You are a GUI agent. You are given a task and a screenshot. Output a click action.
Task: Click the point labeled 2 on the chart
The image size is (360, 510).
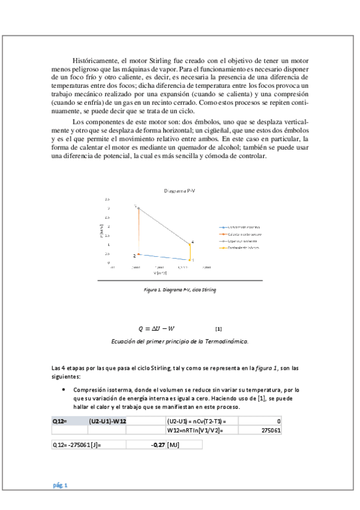[139, 254]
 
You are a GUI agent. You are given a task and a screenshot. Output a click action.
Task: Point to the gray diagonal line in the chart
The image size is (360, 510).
[165, 226]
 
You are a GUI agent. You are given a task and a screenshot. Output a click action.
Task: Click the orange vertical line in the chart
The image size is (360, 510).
[139, 232]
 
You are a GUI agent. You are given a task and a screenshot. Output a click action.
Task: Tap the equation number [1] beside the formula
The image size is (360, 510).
[218, 329]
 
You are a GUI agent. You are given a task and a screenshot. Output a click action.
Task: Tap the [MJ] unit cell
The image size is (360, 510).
[174, 445]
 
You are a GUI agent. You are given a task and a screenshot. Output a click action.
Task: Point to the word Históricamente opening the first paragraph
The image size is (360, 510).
[95, 61]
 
